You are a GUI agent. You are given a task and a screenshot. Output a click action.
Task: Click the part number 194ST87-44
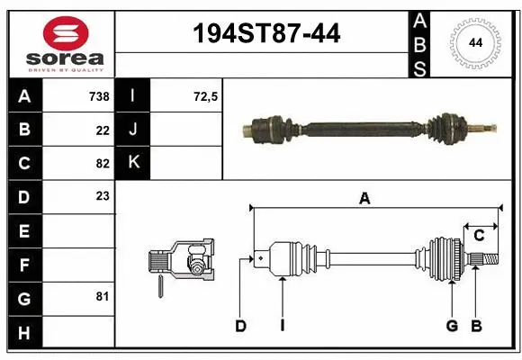pos(267,33)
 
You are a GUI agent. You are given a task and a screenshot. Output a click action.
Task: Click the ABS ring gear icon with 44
pos(473,41)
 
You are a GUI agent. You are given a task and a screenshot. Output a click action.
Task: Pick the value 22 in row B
pos(102,130)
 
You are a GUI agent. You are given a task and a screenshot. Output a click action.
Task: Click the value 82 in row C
pos(102,164)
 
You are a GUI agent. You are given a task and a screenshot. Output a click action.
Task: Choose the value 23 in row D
pos(102,194)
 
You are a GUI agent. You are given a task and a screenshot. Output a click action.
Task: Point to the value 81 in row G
pos(102,295)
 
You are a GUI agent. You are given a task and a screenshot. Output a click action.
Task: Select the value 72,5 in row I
pos(206,95)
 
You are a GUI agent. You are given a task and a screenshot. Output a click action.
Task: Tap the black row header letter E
pos(23,230)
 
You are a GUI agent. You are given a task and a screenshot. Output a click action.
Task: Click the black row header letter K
pos(133,162)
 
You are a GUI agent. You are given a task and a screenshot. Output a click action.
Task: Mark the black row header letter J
pos(133,129)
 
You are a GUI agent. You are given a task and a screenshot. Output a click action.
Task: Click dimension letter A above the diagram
pos(364,199)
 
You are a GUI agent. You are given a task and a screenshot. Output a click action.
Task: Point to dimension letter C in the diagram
pos(479,235)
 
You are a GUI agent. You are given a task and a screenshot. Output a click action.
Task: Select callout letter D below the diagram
pos(240,326)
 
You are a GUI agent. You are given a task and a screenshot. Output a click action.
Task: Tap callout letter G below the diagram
pos(452,326)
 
